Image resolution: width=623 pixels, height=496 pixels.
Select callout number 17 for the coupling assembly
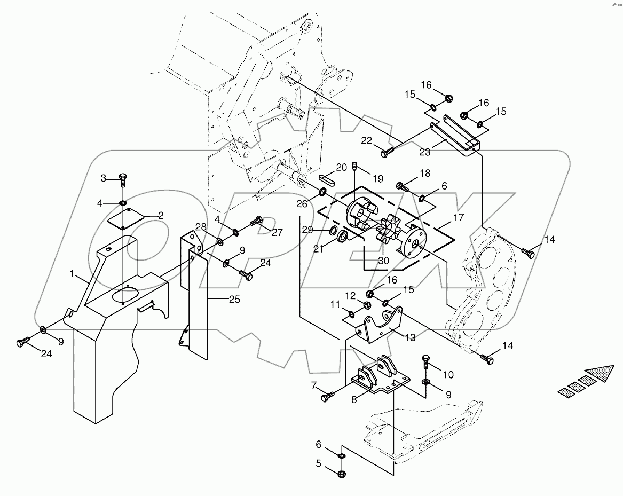[459, 218]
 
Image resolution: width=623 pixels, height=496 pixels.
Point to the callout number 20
[341, 167]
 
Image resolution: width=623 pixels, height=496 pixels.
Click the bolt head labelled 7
[326, 398]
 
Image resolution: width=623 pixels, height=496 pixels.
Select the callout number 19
[378, 179]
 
